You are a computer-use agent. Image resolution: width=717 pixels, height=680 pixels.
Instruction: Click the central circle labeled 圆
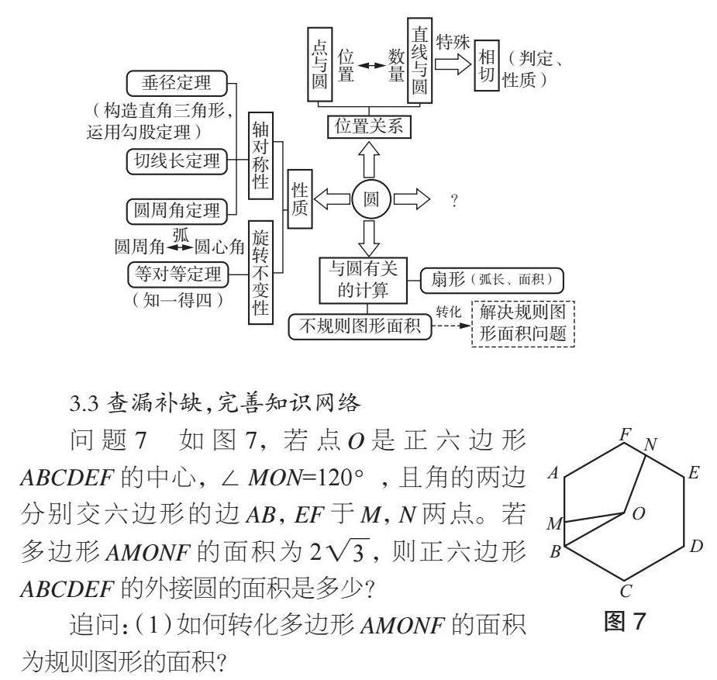click(x=371, y=200)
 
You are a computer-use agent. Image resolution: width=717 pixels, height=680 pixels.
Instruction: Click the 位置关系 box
click(x=368, y=126)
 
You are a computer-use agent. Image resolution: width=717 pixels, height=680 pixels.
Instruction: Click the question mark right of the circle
click(x=453, y=202)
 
